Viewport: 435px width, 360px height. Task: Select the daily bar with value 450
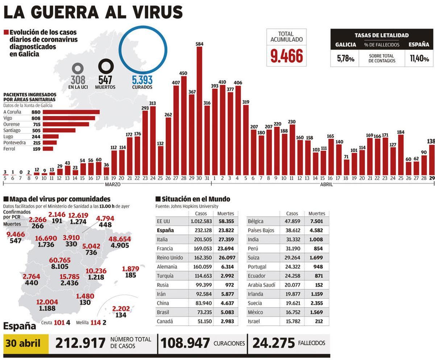[184, 123]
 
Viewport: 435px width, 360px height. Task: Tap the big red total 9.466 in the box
[286, 56]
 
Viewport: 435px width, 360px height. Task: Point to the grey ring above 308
[78, 68]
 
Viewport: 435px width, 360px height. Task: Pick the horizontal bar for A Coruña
[71, 112]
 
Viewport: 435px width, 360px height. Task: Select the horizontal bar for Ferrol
[48, 148]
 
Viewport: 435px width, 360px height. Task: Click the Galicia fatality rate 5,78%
[345, 59]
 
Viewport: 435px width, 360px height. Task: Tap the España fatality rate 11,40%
[419, 59]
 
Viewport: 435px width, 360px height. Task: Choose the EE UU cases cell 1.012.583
[201, 221]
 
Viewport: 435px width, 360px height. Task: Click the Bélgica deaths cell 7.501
[316, 221]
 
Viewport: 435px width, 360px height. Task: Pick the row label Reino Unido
[170, 258]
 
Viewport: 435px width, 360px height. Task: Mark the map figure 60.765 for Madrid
[60, 260]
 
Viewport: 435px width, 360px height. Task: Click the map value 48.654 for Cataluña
[120, 239]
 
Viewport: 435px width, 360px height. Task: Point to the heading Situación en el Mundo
[196, 199]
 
